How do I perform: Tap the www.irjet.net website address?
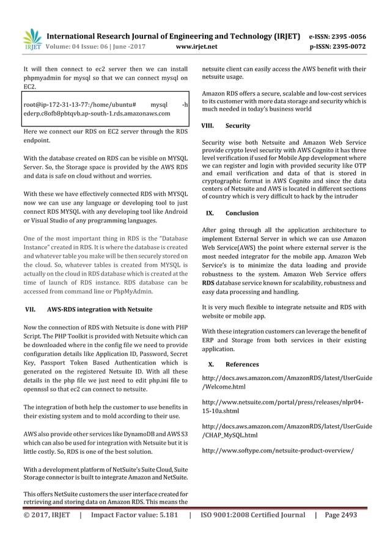[194, 45]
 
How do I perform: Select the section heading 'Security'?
[238, 126]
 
